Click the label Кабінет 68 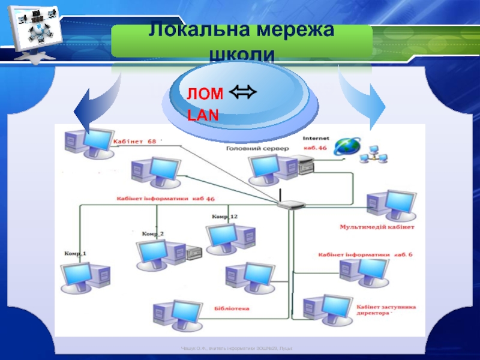(134, 142)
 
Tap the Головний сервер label (254, 148)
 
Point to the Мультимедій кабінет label (377, 227)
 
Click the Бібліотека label (232, 309)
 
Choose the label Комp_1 (76, 254)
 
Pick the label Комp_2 (152, 233)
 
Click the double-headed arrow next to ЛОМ (242, 93)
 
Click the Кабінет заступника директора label (386, 310)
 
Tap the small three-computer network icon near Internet (373, 154)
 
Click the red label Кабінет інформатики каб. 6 (365, 254)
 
